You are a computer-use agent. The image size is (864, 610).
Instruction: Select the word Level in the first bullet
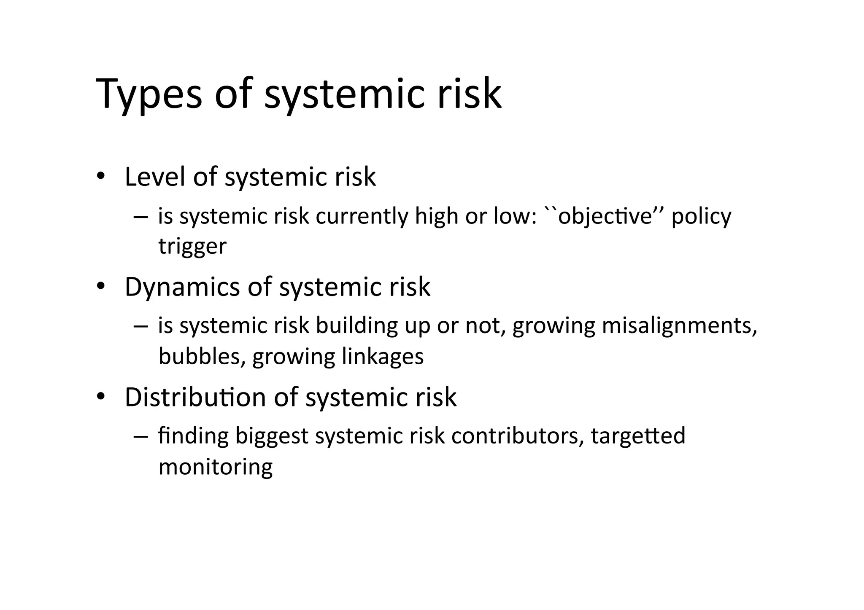coord(155,177)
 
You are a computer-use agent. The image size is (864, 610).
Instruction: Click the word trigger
coord(192,246)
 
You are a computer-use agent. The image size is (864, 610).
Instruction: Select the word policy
coord(701,217)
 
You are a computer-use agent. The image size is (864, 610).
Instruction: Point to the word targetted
coord(638,436)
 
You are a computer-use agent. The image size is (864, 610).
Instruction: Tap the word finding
coord(193,436)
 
